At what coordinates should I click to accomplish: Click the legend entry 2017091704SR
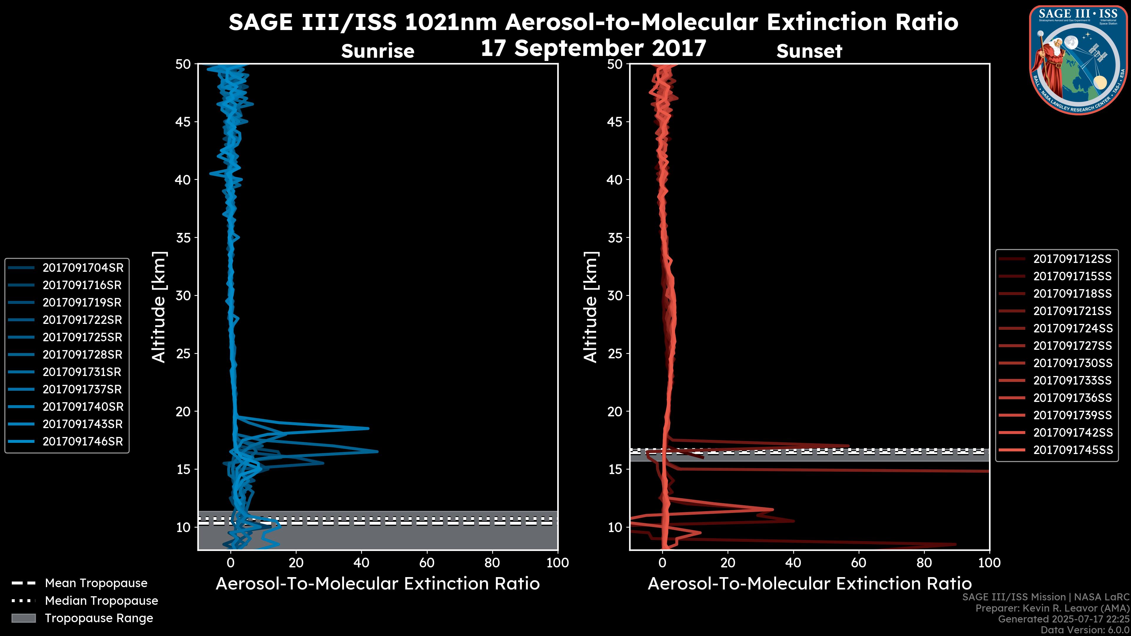coord(82,268)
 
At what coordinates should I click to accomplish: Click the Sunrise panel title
coord(378,51)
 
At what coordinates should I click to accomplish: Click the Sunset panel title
coord(809,51)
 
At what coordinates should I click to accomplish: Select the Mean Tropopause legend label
coord(96,583)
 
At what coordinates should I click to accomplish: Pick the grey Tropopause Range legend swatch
coord(23,618)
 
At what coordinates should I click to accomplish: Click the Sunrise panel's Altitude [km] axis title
coord(158,307)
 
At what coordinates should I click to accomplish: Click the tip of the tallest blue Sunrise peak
coord(377,451)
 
